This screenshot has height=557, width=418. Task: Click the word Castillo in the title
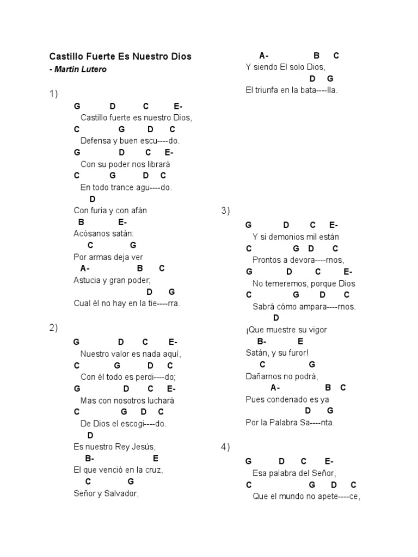pyautogui.click(x=65, y=57)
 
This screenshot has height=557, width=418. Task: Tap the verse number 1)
pyautogui.click(x=53, y=94)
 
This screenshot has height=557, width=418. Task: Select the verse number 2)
pyautogui.click(x=53, y=327)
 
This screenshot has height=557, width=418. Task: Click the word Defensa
pyautogui.click(x=95, y=141)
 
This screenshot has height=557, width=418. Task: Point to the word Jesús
pyautogui.click(x=135, y=447)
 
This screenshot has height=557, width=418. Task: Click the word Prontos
pyautogui.click(x=267, y=260)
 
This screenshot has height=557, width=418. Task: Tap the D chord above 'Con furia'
pyautogui.click(x=93, y=199)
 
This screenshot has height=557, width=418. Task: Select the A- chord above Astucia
pyautogui.click(x=85, y=269)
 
